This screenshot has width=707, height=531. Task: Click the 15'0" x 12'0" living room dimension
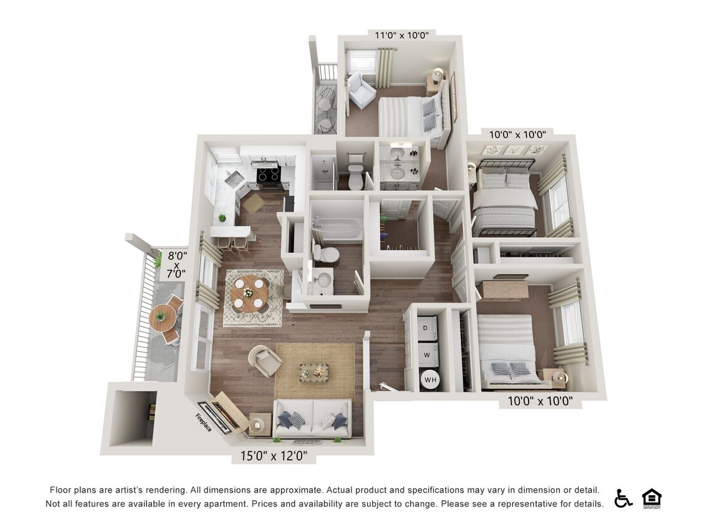coord(278,456)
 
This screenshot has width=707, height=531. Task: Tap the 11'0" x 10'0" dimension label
coord(402,35)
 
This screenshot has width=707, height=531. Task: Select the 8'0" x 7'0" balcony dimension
coord(177,265)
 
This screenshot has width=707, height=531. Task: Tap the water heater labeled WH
coord(430,379)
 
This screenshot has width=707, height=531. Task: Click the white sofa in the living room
coord(312,418)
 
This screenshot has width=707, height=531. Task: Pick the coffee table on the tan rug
coord(314,371)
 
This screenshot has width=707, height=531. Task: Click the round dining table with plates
coord(249,293)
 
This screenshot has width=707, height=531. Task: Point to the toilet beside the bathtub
coord(326,254)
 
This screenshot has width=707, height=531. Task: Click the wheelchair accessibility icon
coord(623,498)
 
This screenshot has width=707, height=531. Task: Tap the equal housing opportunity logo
coord(652,498)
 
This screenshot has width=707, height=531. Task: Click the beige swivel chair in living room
coord(266,361)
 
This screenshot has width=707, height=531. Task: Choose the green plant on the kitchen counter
coord(222,218)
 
